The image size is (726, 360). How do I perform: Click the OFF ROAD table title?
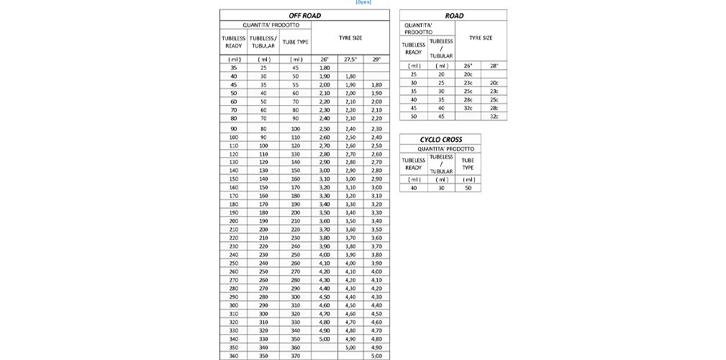(304, 15)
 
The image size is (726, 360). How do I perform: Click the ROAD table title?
(454, 15)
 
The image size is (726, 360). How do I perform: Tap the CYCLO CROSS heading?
(440, 139)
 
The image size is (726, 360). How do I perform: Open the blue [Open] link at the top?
(363, 2)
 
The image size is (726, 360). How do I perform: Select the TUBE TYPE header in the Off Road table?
(295, 42)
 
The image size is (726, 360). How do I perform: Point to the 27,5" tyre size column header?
(350, 59)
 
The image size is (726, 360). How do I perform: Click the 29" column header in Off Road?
(376, 59)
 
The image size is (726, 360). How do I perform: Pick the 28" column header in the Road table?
(494, 66)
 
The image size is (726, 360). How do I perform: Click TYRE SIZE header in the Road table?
(481, 37)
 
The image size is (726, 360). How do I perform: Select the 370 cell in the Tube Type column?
(295, 356)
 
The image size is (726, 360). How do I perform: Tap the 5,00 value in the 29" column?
(376, 356)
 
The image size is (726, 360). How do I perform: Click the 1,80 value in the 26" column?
(325, 68)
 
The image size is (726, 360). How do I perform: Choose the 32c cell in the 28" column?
(494, 116)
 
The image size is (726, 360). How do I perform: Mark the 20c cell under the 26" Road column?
(468, 74)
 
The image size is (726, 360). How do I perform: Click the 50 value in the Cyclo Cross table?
(468, 188)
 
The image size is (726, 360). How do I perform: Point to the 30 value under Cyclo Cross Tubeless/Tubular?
(441, 188)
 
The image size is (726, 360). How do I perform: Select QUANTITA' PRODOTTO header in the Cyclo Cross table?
(440, 148)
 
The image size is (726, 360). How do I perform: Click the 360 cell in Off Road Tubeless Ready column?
(234, 356)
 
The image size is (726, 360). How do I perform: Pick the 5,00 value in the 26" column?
(325, 338)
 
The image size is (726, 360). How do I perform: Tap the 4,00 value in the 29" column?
(376, 271)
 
